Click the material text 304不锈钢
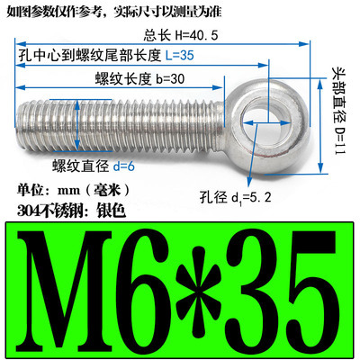click(x=45, y=211)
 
